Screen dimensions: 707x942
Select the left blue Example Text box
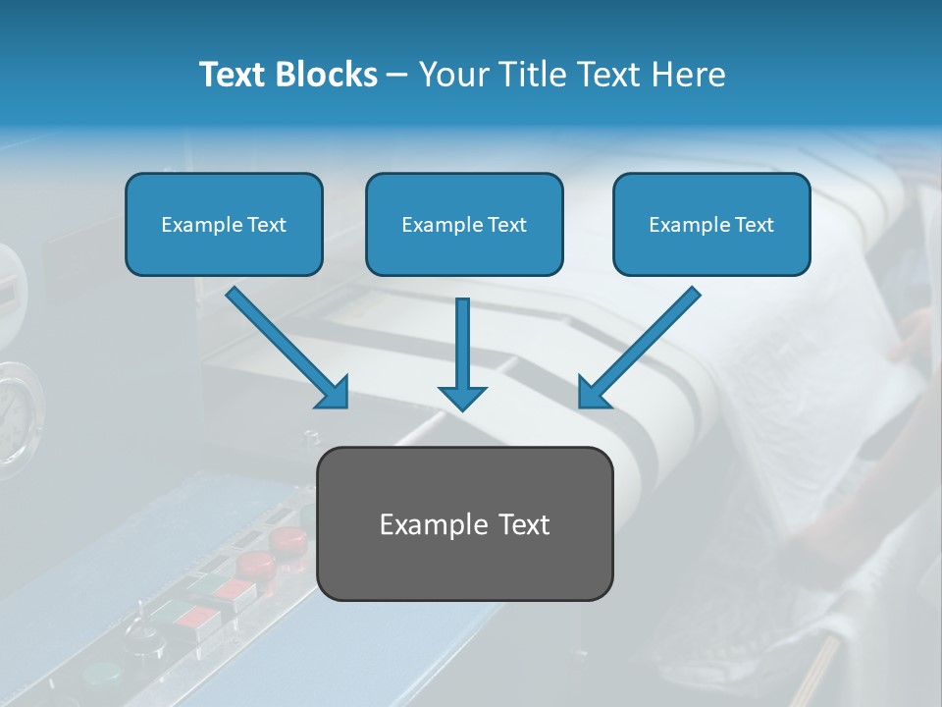point(224,225)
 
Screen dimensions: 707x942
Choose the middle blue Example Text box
point(464,225)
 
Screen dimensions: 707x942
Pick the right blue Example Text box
point(711,225)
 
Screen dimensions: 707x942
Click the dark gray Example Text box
point(464,523)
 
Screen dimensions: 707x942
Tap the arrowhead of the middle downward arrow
point(462,398)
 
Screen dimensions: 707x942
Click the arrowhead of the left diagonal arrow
point(334,393)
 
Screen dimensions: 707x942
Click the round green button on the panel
point(101,676)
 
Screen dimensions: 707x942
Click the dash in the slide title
point(397,75)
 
